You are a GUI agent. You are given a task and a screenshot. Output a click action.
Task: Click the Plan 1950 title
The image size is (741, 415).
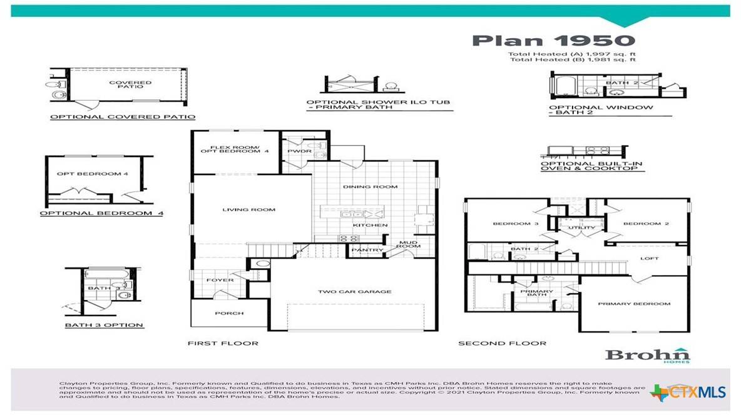tap(553, 41)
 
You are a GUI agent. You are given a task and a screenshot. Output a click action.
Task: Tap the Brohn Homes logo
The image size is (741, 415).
tap(647, 355)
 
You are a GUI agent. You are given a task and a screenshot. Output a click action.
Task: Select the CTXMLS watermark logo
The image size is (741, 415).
tap(688, 392)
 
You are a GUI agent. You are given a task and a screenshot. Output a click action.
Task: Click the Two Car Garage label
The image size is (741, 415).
tap(354, 291)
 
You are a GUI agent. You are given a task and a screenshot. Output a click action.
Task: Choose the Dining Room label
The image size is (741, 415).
tap(370, 187)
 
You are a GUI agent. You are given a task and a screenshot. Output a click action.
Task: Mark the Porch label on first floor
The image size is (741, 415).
tap(229, 313)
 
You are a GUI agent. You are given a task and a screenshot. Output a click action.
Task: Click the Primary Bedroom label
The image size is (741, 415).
tap(634, 304)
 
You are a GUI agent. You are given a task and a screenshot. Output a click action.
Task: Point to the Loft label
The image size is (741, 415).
tap(649, 258)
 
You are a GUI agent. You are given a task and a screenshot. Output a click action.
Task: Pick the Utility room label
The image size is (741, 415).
tap(577, 228)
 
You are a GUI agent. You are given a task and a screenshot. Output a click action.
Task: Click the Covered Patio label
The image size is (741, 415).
tap(130, 85)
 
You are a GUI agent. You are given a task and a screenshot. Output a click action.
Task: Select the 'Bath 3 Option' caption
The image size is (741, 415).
tap(104, 325)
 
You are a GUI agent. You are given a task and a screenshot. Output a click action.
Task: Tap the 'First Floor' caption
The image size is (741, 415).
tap(223, 343)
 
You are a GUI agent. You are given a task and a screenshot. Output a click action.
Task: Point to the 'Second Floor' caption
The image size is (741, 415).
tap(502, 343)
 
